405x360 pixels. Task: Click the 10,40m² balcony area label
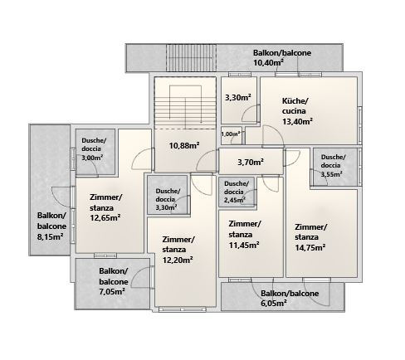click(x=269, y=63)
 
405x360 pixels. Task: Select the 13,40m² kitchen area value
click(x=298, y=121)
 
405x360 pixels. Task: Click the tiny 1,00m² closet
click(x=231, y=134)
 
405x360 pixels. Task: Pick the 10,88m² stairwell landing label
click(x=184, y=145)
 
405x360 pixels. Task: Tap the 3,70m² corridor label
click(x=251, y=162)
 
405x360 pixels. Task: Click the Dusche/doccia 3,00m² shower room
click(x=95, y=152)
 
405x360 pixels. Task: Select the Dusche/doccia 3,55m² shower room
click(x=334, y=167)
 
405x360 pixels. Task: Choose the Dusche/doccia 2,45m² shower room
click(x=237, y=192)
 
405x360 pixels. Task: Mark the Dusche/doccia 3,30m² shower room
click(x=168, y=195)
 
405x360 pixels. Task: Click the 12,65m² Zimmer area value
click(x=105, y=218)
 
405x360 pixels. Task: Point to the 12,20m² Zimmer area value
click(x=178, y=260)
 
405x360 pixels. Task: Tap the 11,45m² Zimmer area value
click(x=244, y=245)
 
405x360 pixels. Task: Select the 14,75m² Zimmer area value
click(x=310, y=247)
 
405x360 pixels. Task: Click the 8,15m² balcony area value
click(x=51, y=236)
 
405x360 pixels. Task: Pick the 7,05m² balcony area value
click(x=112, y=291)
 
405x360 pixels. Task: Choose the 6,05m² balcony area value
click(x=274, y=303)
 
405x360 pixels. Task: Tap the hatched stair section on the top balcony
click(x=191, y=57)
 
